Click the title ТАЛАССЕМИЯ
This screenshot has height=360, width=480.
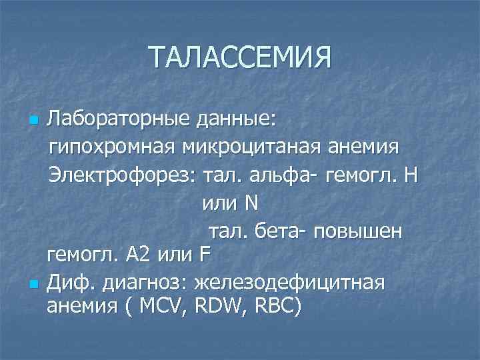pos(240,57)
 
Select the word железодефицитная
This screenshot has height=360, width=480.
pos(289,282)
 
